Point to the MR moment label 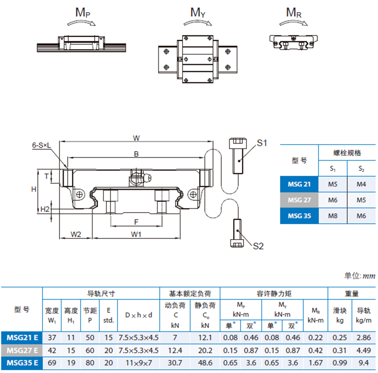tap(294, 12)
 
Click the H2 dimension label tap(45, 209)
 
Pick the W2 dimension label tap(76, 234)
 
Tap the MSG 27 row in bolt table tap(299, 200)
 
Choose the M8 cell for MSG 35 tap(333, 216)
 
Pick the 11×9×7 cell tap(138, 362)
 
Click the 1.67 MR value tap(316, 362)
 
